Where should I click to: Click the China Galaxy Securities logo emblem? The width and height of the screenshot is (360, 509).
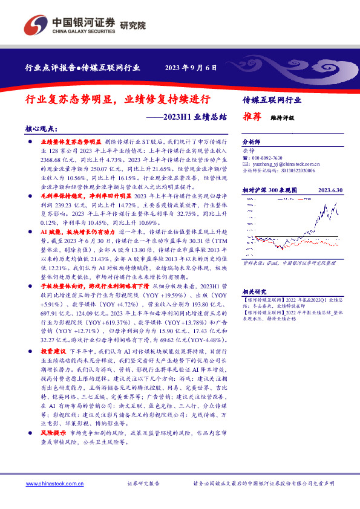[x=36, y=25]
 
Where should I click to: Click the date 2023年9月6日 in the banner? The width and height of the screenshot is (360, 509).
[x=191, y=68]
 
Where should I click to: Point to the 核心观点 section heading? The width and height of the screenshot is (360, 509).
[x=41, y=129]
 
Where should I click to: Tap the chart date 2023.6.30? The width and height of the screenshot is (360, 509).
[x=330, y=190]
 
